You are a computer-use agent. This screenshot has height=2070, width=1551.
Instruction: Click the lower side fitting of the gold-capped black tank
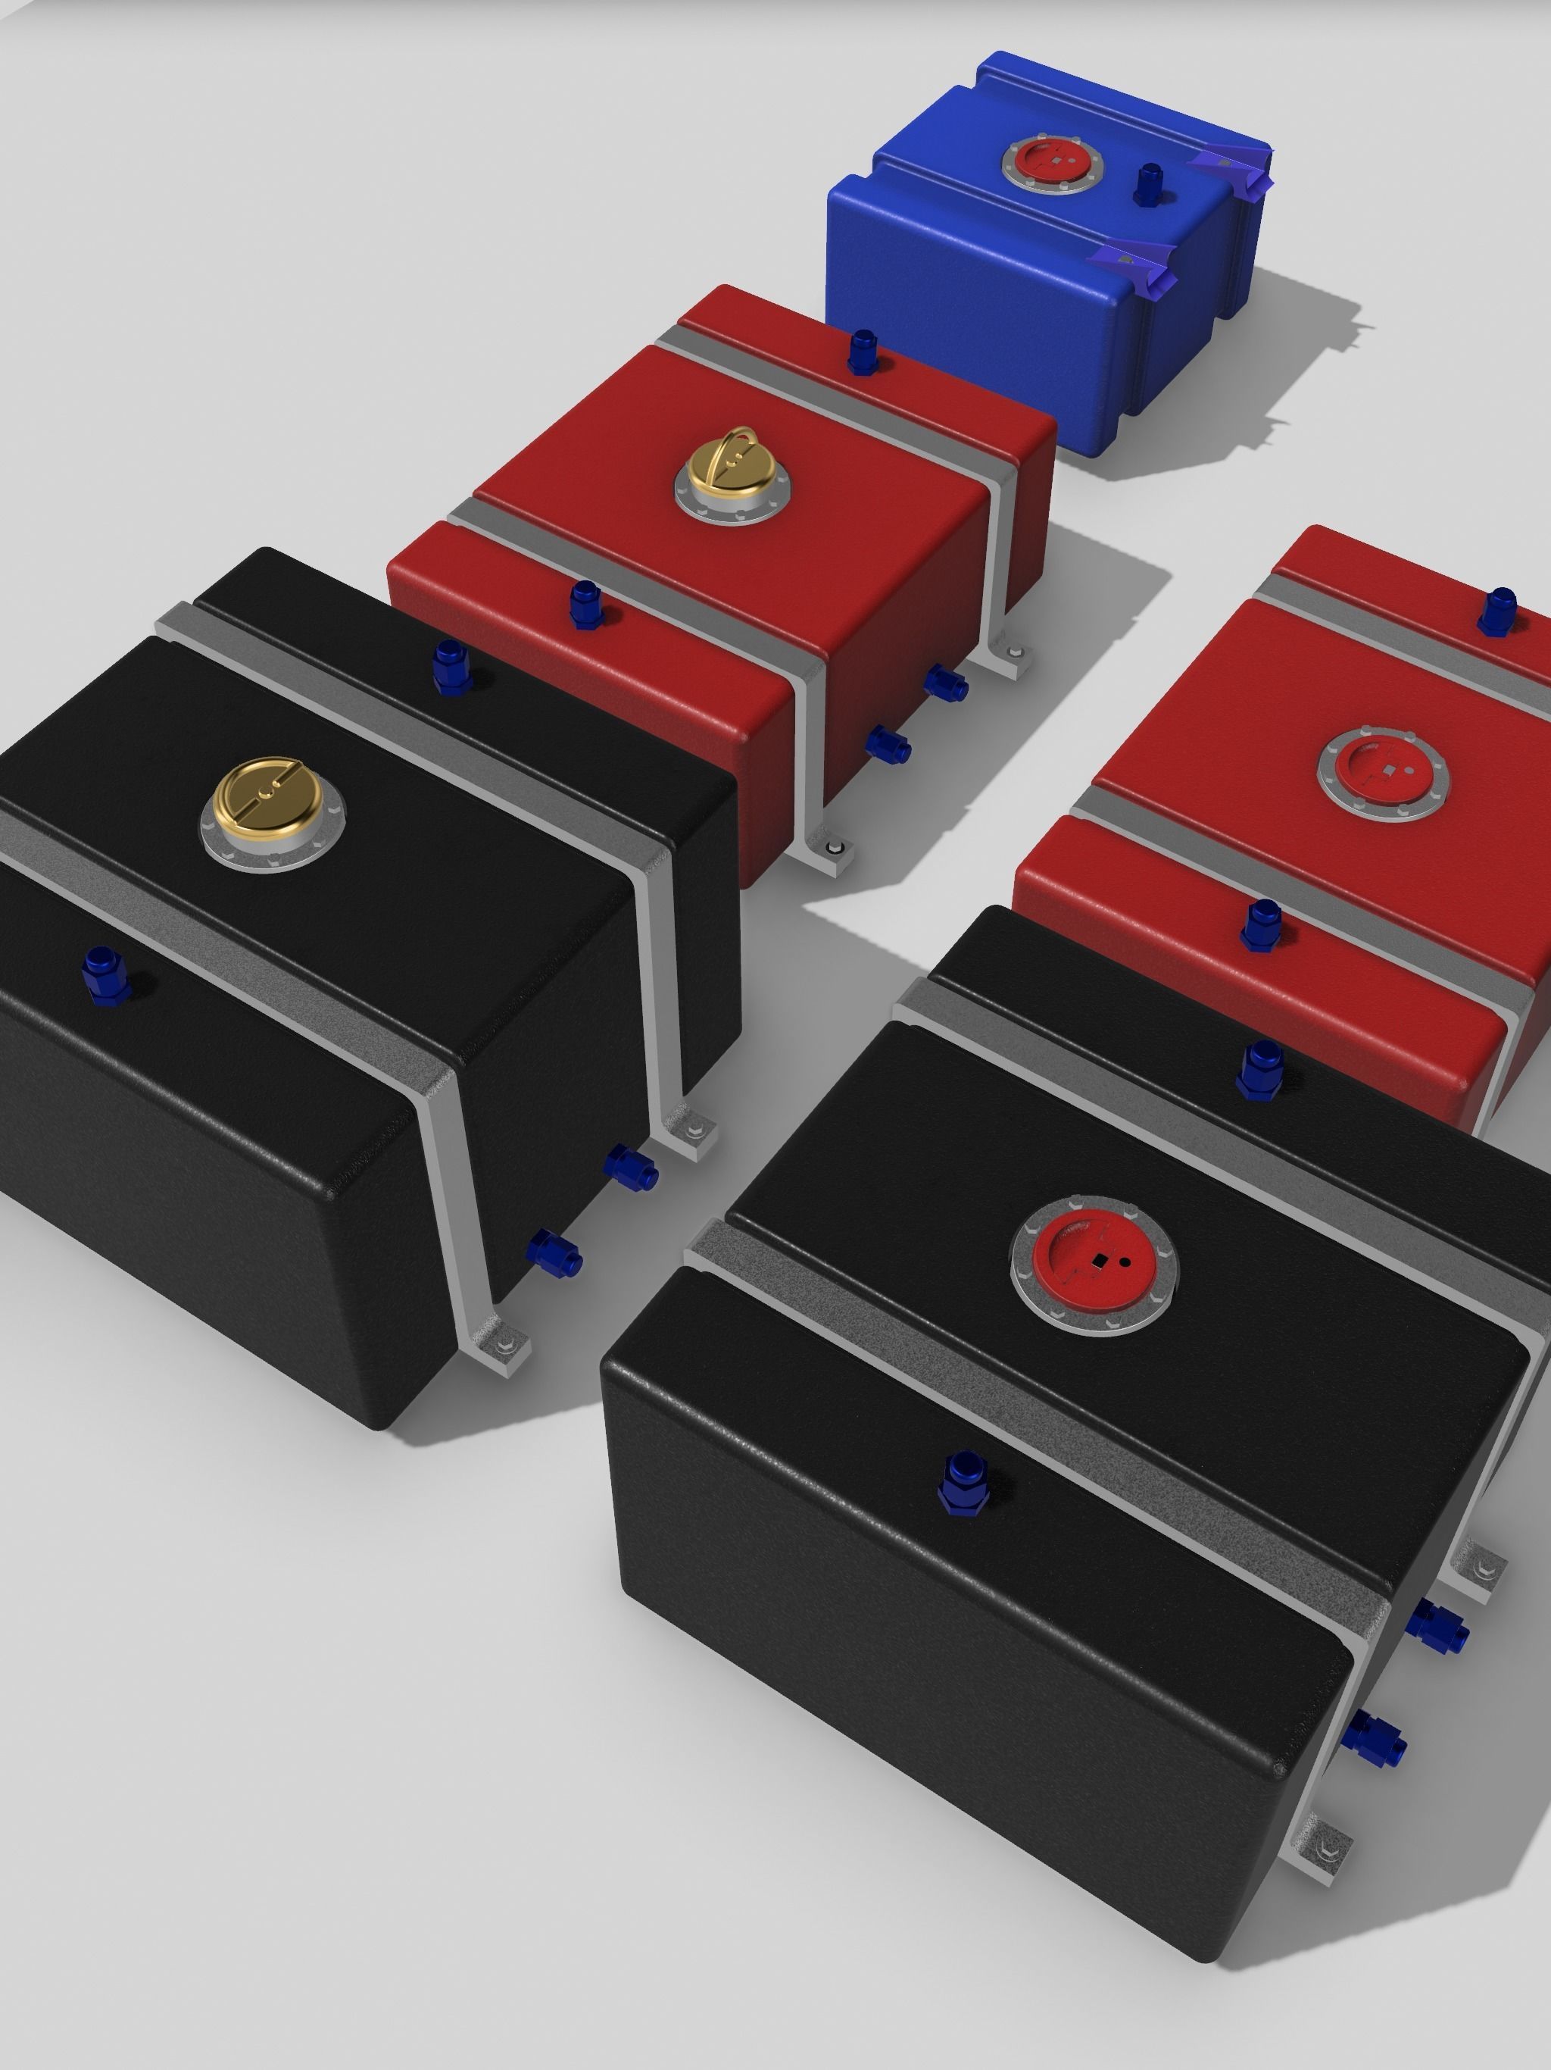554,1249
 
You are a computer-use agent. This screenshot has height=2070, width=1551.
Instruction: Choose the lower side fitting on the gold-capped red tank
888,745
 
